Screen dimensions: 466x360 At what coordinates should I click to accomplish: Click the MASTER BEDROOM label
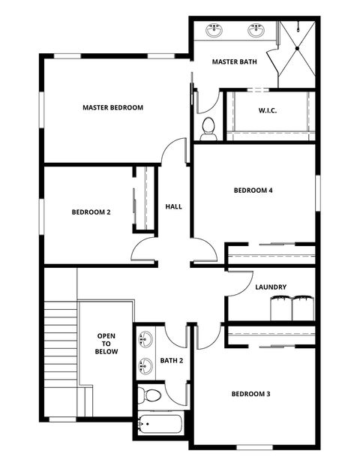point(112,107)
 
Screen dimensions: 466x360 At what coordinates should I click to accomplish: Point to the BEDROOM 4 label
point(253,191)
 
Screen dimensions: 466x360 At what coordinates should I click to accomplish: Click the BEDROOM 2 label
point(91,212)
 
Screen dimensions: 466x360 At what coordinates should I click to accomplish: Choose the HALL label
point(173,206)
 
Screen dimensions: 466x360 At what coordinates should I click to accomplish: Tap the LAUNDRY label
point(270,287)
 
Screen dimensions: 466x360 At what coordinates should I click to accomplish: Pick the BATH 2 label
point(172,361)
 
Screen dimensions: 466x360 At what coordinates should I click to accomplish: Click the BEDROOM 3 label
point(250,394)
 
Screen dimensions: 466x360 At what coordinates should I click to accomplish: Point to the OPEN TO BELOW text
point(106,344)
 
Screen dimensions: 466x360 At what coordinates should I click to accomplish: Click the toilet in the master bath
point(208,127)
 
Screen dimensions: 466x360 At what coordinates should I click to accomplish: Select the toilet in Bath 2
point(152,395)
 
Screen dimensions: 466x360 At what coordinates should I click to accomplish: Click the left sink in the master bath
point(215,31)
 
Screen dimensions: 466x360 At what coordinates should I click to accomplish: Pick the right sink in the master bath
point(256,31)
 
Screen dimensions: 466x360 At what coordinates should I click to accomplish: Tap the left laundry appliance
point(280,307)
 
